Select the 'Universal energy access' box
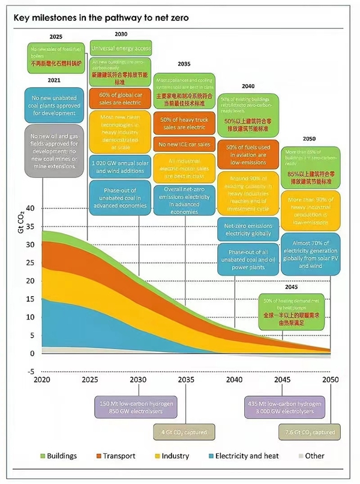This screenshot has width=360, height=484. coord(121,48)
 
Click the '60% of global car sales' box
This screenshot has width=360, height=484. coord(120,98)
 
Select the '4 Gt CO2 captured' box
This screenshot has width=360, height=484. coord(179,431)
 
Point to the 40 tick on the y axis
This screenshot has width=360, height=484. coord(31,208)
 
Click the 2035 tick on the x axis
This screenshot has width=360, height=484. coord(186,381)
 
